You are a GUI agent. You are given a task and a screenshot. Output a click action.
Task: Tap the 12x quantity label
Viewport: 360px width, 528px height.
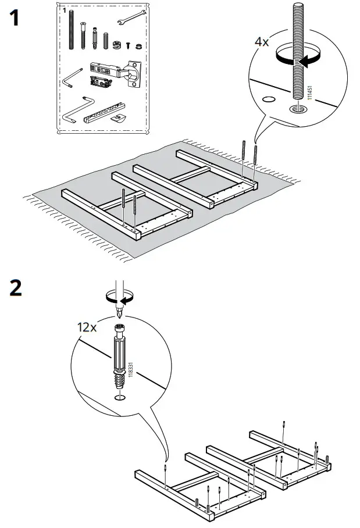pyautogui.click(x=87, y=326)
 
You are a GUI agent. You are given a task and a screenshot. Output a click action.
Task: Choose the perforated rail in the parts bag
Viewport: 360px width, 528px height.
pyautogui.click(x=105, y=111)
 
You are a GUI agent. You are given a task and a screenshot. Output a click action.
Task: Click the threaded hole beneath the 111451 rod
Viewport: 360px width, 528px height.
pyautogui.click(x=298, y=108)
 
